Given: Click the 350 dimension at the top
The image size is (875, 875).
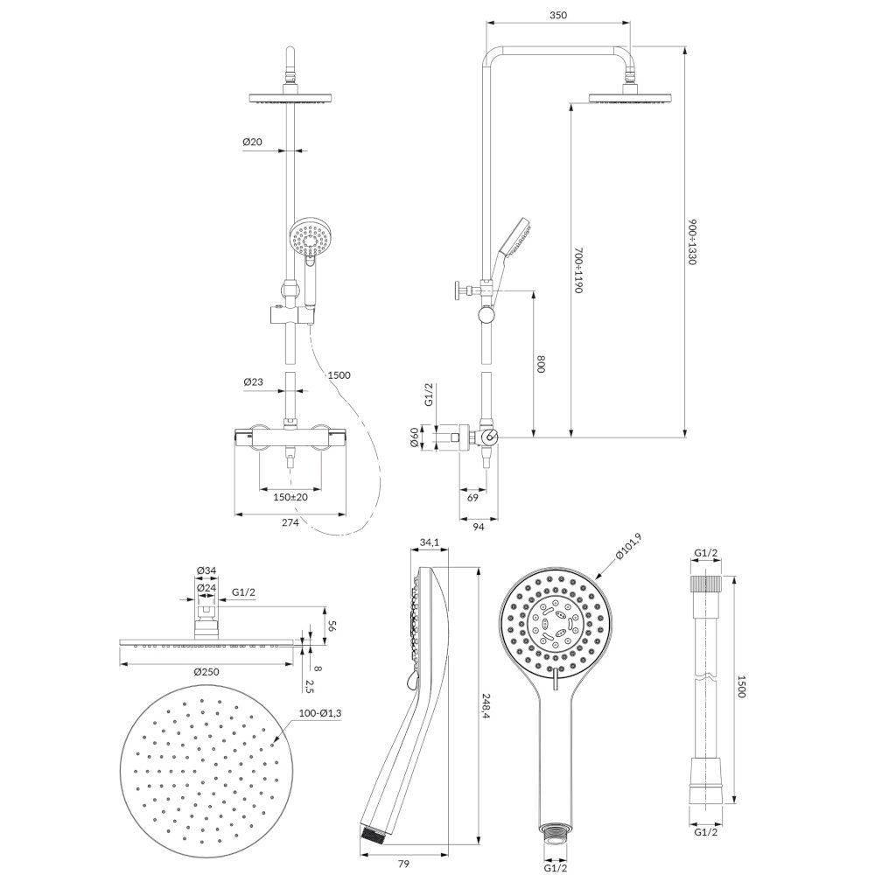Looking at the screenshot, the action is click(557, 15).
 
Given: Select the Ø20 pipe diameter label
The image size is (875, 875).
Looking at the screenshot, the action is click(252, 143).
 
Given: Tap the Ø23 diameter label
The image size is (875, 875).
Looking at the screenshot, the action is click(253, 382).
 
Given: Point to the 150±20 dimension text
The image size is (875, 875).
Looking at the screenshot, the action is click(290, 497).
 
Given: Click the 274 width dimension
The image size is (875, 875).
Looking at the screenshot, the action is click(290, 523).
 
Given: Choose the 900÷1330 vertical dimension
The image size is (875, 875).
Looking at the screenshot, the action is click(692, 242).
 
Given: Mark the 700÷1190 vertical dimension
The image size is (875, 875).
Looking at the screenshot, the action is click(578, 271).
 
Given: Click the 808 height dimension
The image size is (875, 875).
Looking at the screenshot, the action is click(541, 364).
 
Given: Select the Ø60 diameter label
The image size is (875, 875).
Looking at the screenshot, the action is click(414, 437).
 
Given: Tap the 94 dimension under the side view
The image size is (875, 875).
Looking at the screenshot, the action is click(479, 526).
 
